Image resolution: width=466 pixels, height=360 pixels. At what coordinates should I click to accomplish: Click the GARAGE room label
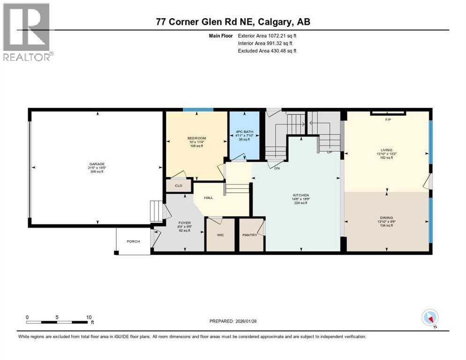tap(97, 164)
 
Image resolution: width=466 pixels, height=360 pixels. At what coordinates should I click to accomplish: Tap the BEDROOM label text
tap(196, 138)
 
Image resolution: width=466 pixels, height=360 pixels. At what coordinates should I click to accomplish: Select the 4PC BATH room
tap(244, 133)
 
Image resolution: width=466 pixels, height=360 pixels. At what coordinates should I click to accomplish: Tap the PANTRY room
tap(249, 235)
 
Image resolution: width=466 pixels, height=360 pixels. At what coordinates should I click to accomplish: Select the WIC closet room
tap(220, 235)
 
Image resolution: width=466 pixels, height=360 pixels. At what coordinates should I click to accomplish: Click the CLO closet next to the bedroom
tap(179, 186)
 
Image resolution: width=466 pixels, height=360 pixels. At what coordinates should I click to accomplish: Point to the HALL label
tap(209, 198)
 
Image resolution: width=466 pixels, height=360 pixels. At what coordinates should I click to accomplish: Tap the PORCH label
tap(134, 241)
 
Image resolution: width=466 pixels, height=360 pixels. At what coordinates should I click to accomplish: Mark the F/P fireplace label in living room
tap(388, 120)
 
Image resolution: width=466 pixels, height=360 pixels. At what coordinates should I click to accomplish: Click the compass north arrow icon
tap(430, 318)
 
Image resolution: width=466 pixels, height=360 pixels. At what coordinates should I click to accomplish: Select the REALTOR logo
tap(27, 31)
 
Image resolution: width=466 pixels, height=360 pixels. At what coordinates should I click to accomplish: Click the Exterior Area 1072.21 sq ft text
tap(267, 35)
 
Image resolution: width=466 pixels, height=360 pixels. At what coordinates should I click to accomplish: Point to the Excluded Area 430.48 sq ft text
tap(267, 51)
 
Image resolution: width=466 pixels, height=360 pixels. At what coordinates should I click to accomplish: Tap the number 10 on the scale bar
tap(89, 317)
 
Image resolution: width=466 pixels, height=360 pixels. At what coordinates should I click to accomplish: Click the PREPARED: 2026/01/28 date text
tap(233, 321)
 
